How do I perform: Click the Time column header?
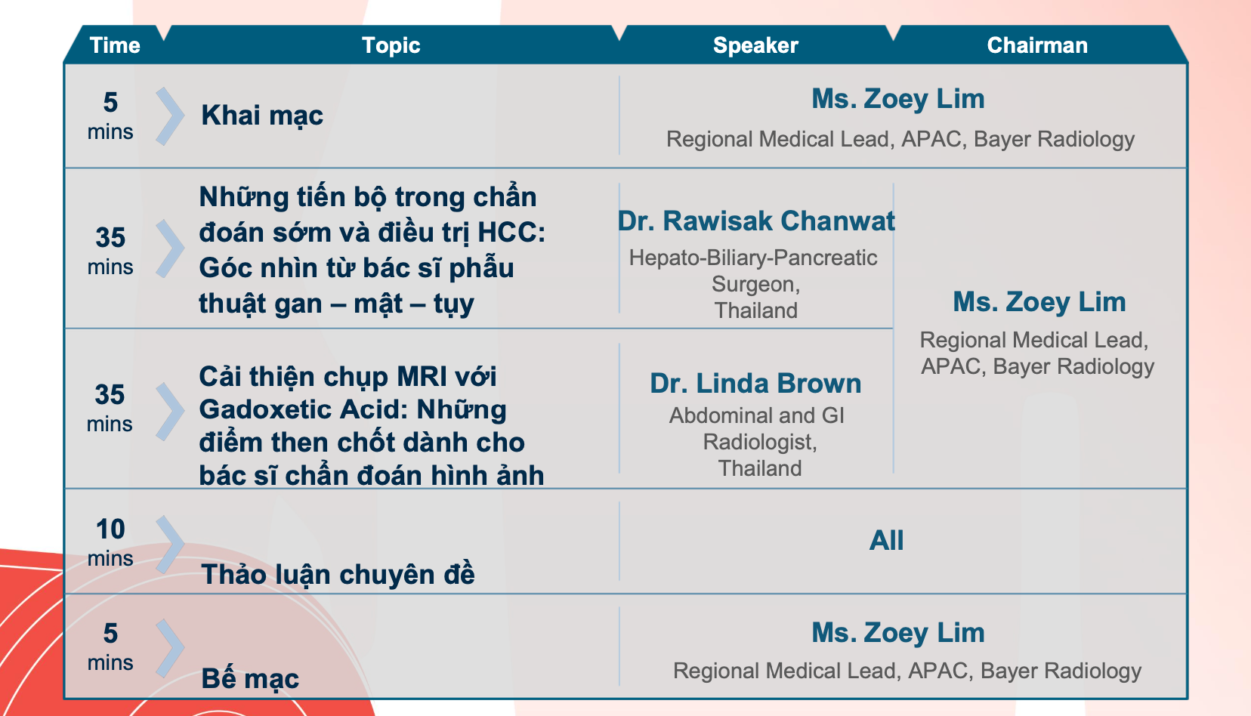coord(115,45)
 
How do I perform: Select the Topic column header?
coord(391,45)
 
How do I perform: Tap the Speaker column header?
coord(755,45)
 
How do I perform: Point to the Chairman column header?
coord(1037,45)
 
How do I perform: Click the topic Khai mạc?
coord(262,116)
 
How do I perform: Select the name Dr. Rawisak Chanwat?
coord(756,221)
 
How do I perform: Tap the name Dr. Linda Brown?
coord(755,383)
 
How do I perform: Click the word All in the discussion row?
coord(886,540)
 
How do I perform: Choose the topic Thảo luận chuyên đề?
coord(338,575)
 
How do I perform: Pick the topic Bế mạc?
coord(249,679)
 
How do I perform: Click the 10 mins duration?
coord(110,542)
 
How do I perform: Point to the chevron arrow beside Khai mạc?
coord(170,116)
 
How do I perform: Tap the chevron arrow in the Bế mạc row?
coord(170,649)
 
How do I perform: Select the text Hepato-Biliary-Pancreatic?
coord(753,258)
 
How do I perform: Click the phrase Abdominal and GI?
coord(757,415)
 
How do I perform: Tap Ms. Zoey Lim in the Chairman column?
coord(1039,302)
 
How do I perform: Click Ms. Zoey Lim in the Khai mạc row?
coord(898,99)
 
